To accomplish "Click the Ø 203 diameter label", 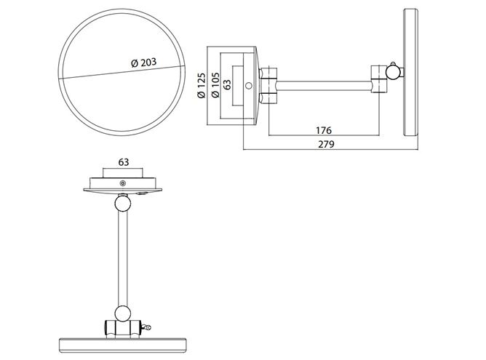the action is [x=143, y=63].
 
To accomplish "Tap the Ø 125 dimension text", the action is [x=202, y=86].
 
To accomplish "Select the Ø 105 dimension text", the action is [x=215, y=85].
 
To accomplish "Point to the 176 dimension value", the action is [x=324, y=130].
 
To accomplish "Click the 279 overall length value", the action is [x=327, y=144].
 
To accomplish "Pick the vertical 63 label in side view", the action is [x=227, y=85].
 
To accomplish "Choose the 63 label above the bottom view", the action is [x=124, y=162].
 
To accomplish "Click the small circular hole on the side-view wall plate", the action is [x=249, y=86].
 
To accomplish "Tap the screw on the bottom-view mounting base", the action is [x=123, y=183].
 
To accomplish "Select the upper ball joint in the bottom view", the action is [x=123, y=204].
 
